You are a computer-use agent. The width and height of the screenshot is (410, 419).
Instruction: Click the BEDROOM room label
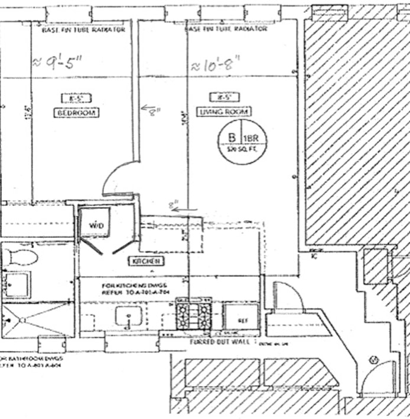point(77,112)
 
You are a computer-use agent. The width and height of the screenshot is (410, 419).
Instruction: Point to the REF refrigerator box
point(241,320)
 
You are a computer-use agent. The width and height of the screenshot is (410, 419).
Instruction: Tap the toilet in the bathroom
point(21,257)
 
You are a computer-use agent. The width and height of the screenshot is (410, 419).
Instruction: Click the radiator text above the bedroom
point(83,29)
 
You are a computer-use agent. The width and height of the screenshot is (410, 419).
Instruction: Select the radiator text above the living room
point(227,29)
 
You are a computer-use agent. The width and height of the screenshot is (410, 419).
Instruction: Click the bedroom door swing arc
point(116,179)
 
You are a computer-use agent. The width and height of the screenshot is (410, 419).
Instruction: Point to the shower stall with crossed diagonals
point(37,320)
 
